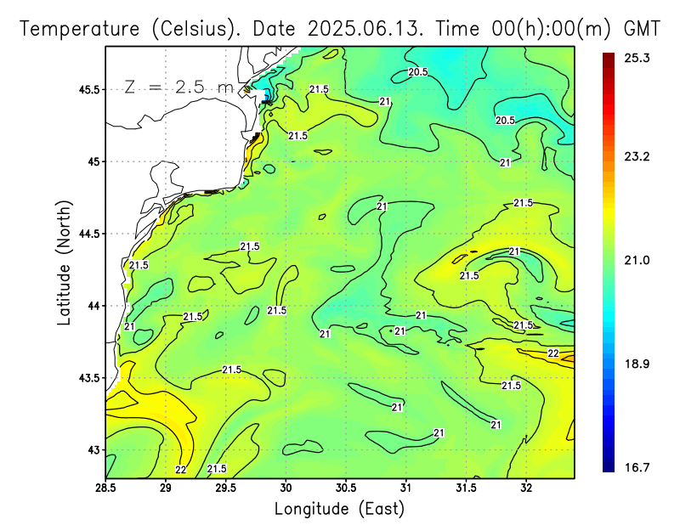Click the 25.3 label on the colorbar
point(634,58)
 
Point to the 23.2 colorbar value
point(634,157)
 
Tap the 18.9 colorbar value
point(634,364)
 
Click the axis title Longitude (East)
point(339,509)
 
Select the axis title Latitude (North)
point(65,262)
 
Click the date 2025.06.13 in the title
point(366,29)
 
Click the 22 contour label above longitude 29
point(180,469)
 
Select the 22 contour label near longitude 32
point(552,353)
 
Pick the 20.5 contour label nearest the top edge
point(417,72)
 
